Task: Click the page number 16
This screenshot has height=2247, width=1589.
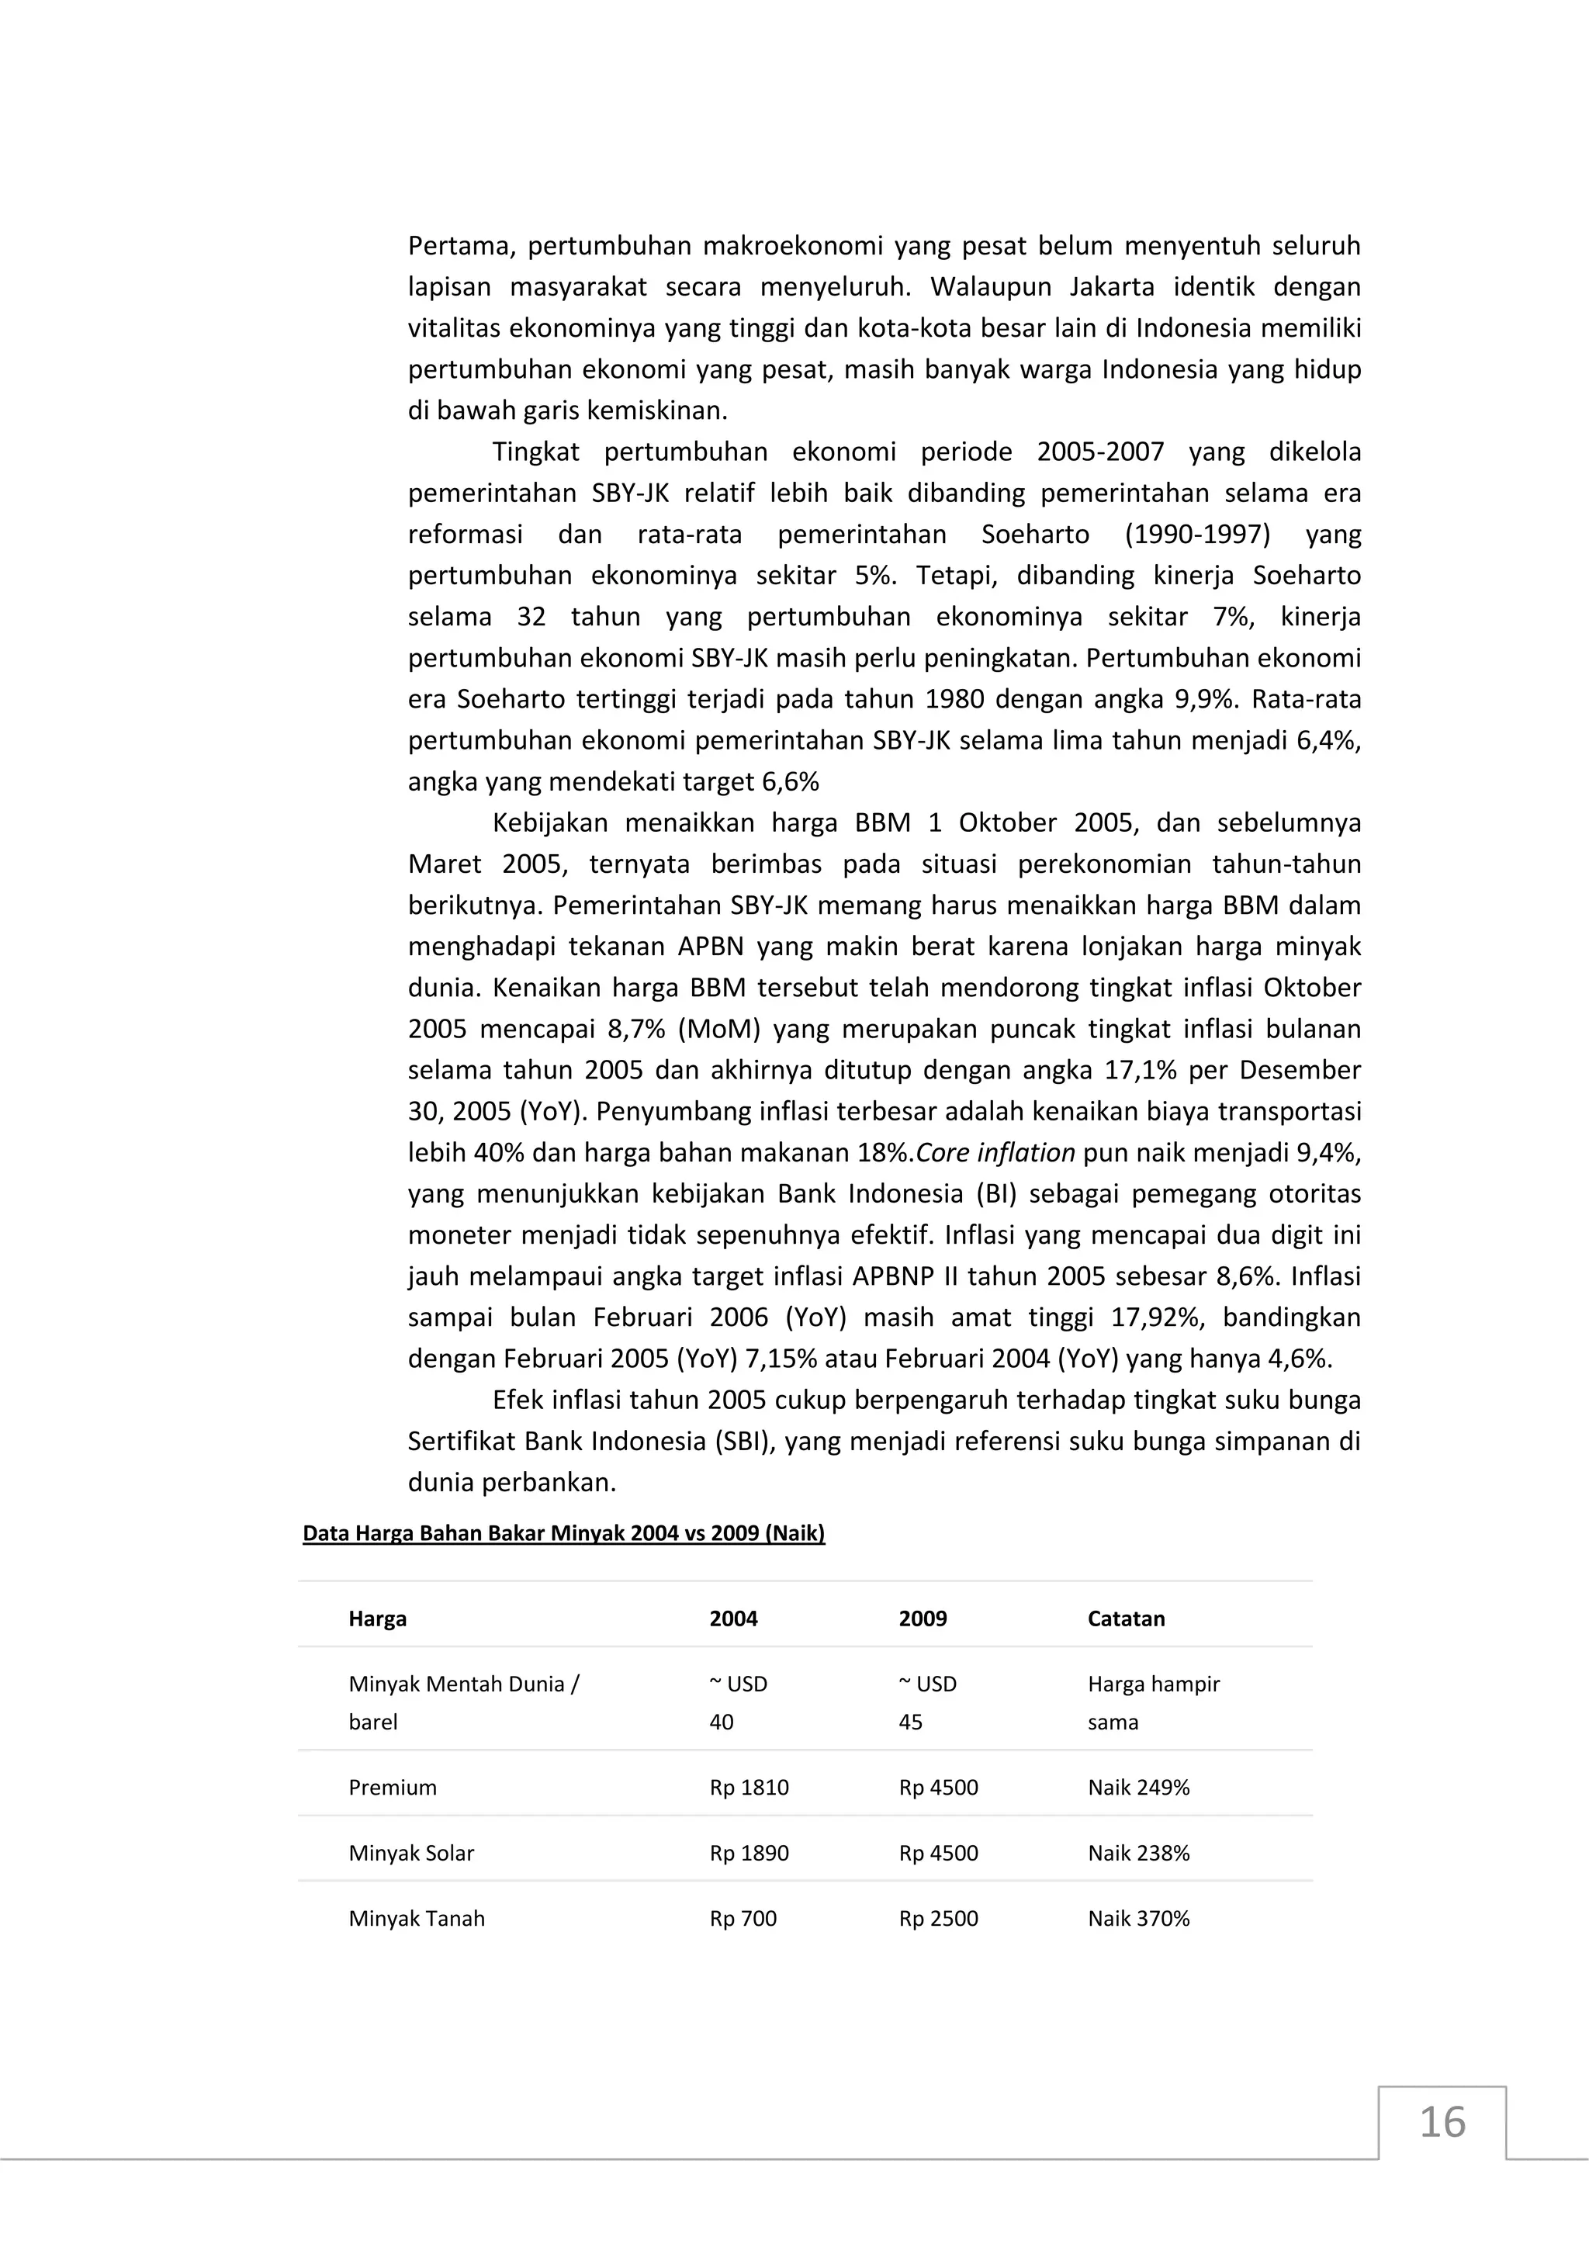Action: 1442,2123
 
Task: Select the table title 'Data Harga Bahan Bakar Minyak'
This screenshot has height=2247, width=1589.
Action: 563,1533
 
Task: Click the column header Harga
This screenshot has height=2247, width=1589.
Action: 377,1619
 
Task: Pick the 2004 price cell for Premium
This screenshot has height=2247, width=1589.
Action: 749,1787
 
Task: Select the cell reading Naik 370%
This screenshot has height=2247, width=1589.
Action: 1138,1918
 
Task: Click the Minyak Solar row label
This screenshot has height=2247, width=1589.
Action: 411,1853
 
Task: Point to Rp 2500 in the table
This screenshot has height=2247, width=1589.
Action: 937,1918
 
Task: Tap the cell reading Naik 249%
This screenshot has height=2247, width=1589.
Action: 1138,1787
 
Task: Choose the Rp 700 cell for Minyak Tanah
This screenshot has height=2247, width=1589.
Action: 743,1918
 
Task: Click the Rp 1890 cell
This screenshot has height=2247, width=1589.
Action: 749,1853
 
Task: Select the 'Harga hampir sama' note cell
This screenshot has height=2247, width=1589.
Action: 1153,1703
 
